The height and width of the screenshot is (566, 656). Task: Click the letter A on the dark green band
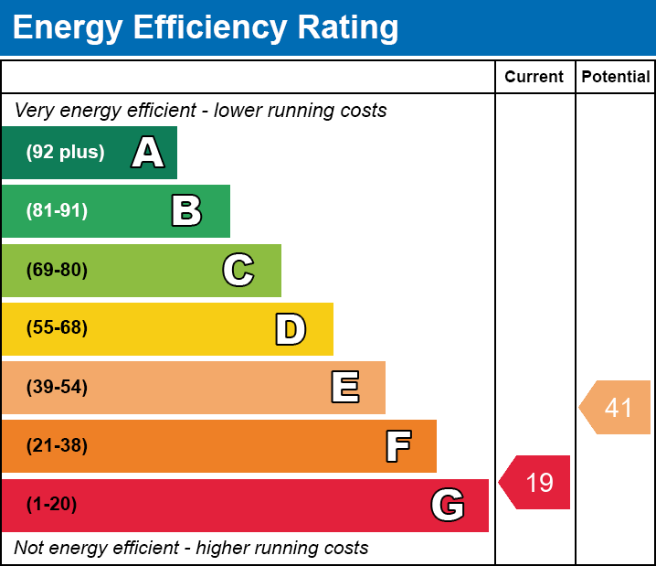[x=148, y=153]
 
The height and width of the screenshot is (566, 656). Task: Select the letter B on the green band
[x=186, y=211]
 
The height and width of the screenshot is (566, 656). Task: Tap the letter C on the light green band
[x=238, y=270]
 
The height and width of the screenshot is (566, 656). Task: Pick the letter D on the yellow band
[x=291, y=329]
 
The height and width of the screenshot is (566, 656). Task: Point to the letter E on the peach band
[x=344, y=388]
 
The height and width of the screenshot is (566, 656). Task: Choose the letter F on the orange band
[x=397, y=446]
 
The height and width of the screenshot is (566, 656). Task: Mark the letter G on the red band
[x=448, y=505]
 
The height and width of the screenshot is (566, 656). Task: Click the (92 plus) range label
[x=65, y=153]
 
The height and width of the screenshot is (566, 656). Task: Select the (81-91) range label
[x=57, y=211]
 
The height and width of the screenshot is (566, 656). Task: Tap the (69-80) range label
[x=57, y=270]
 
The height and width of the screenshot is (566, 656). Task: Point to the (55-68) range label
[x=57, y=328]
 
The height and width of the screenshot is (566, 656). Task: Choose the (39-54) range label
[x=57, y=388]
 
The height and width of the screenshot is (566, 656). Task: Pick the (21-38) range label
[x=57, y=446]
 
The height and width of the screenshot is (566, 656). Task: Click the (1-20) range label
[x=52, y=505]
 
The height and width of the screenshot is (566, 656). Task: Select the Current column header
[x=534, y=78]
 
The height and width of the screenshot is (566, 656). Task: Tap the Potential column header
[x=616, y=78]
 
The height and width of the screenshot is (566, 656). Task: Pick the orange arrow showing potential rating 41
[x=616, y=407]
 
